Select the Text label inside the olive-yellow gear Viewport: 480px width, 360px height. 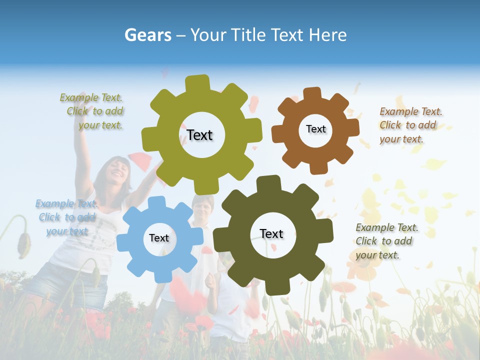tap(199, 135)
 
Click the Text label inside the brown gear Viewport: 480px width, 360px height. tap(315, 129)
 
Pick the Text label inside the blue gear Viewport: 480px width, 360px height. tap(159, 238)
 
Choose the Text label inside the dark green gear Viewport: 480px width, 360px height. tap(271, 233)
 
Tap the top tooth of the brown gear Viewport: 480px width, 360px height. tap(312, 94)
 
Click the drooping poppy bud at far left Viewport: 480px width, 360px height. tap(22, 242)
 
